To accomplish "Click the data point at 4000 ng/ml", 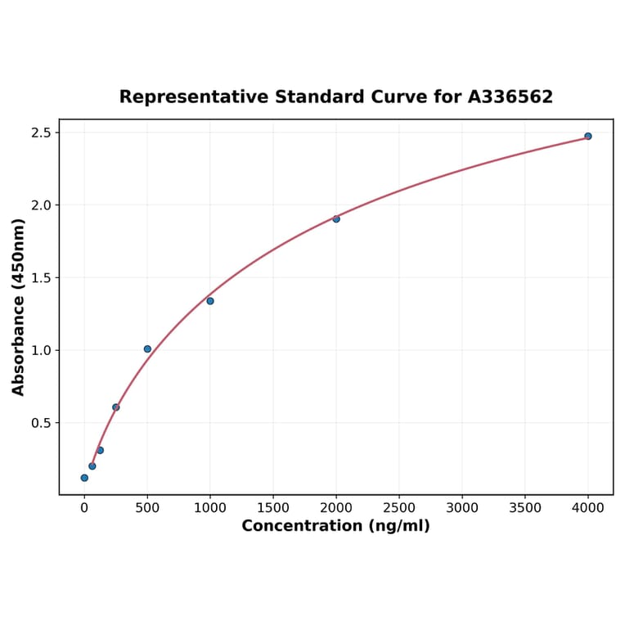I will (x=588, y=136).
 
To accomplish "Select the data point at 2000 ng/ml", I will (x=336, y=218).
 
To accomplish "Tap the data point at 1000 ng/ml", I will (x=210, y=301).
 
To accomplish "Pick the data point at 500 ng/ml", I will (x=147, y=348).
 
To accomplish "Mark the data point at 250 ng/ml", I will (x=116, y=407).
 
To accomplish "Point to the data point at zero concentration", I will (x=84, y=478).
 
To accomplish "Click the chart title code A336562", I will (x=510, y=97).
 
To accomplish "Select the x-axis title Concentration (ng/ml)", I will (x=335, y=526).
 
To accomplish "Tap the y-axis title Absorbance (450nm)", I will (x=19, y=307).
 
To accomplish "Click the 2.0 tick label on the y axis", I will (x=41, y=205).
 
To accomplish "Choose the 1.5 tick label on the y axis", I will (x=41, y=278).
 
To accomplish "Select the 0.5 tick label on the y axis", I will (x=41, y=423).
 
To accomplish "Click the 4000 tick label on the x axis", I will (x=588, y=507).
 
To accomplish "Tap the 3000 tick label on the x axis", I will (x=462, y=507).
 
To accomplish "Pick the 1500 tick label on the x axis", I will (x=273, y=507).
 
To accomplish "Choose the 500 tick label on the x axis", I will (x=147, y=507).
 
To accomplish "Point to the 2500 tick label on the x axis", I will (x=399, y=507).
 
